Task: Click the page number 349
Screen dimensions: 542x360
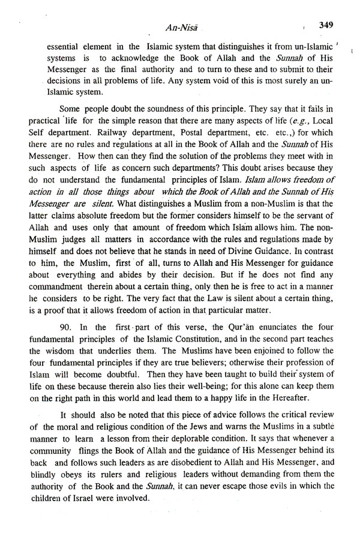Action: coord(329,25)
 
